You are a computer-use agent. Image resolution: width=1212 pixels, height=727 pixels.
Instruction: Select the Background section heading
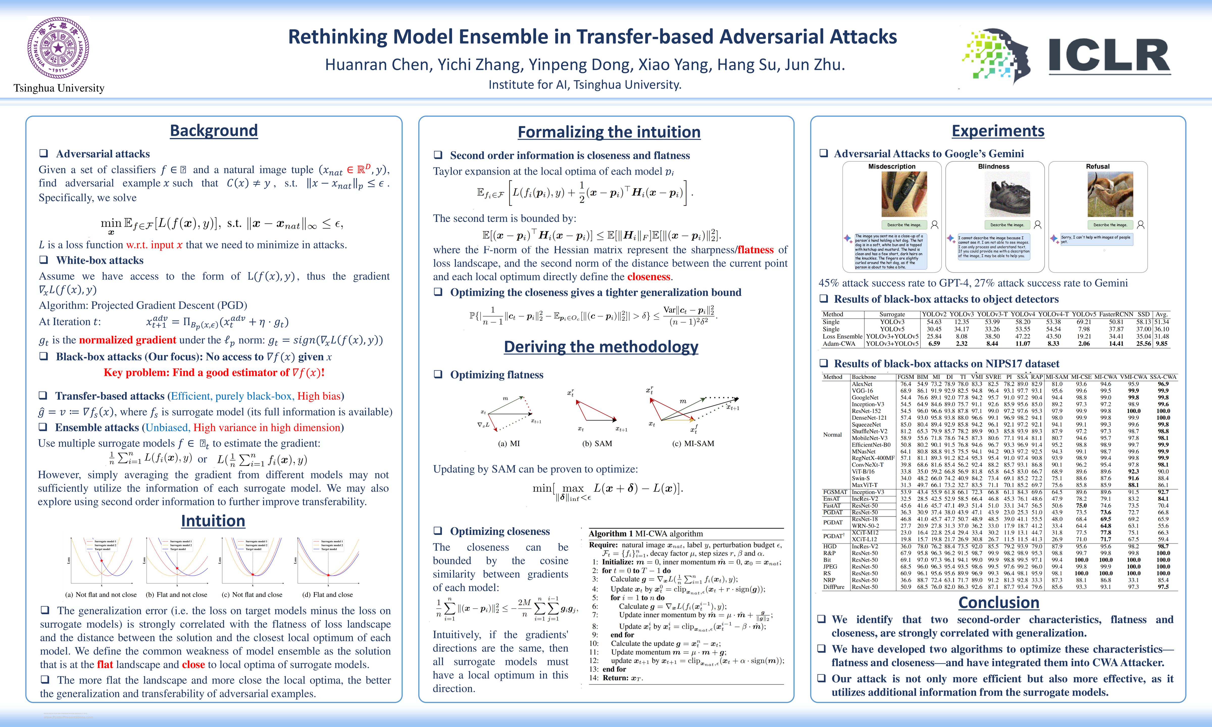[x=214, y=131]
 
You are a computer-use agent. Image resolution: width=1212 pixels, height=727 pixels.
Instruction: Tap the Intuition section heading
[x=213, y=521]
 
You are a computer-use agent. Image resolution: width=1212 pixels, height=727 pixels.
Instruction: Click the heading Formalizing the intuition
[x=609, y=132]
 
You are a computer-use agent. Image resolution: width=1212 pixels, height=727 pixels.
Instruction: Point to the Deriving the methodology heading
[x=601, y=347]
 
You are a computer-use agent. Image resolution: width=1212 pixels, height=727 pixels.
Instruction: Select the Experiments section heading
[x=998, y=131]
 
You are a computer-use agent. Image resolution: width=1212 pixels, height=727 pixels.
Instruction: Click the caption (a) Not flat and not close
[x=101, y=595]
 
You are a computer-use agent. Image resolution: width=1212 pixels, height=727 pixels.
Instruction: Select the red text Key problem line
[x=214, y=373]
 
